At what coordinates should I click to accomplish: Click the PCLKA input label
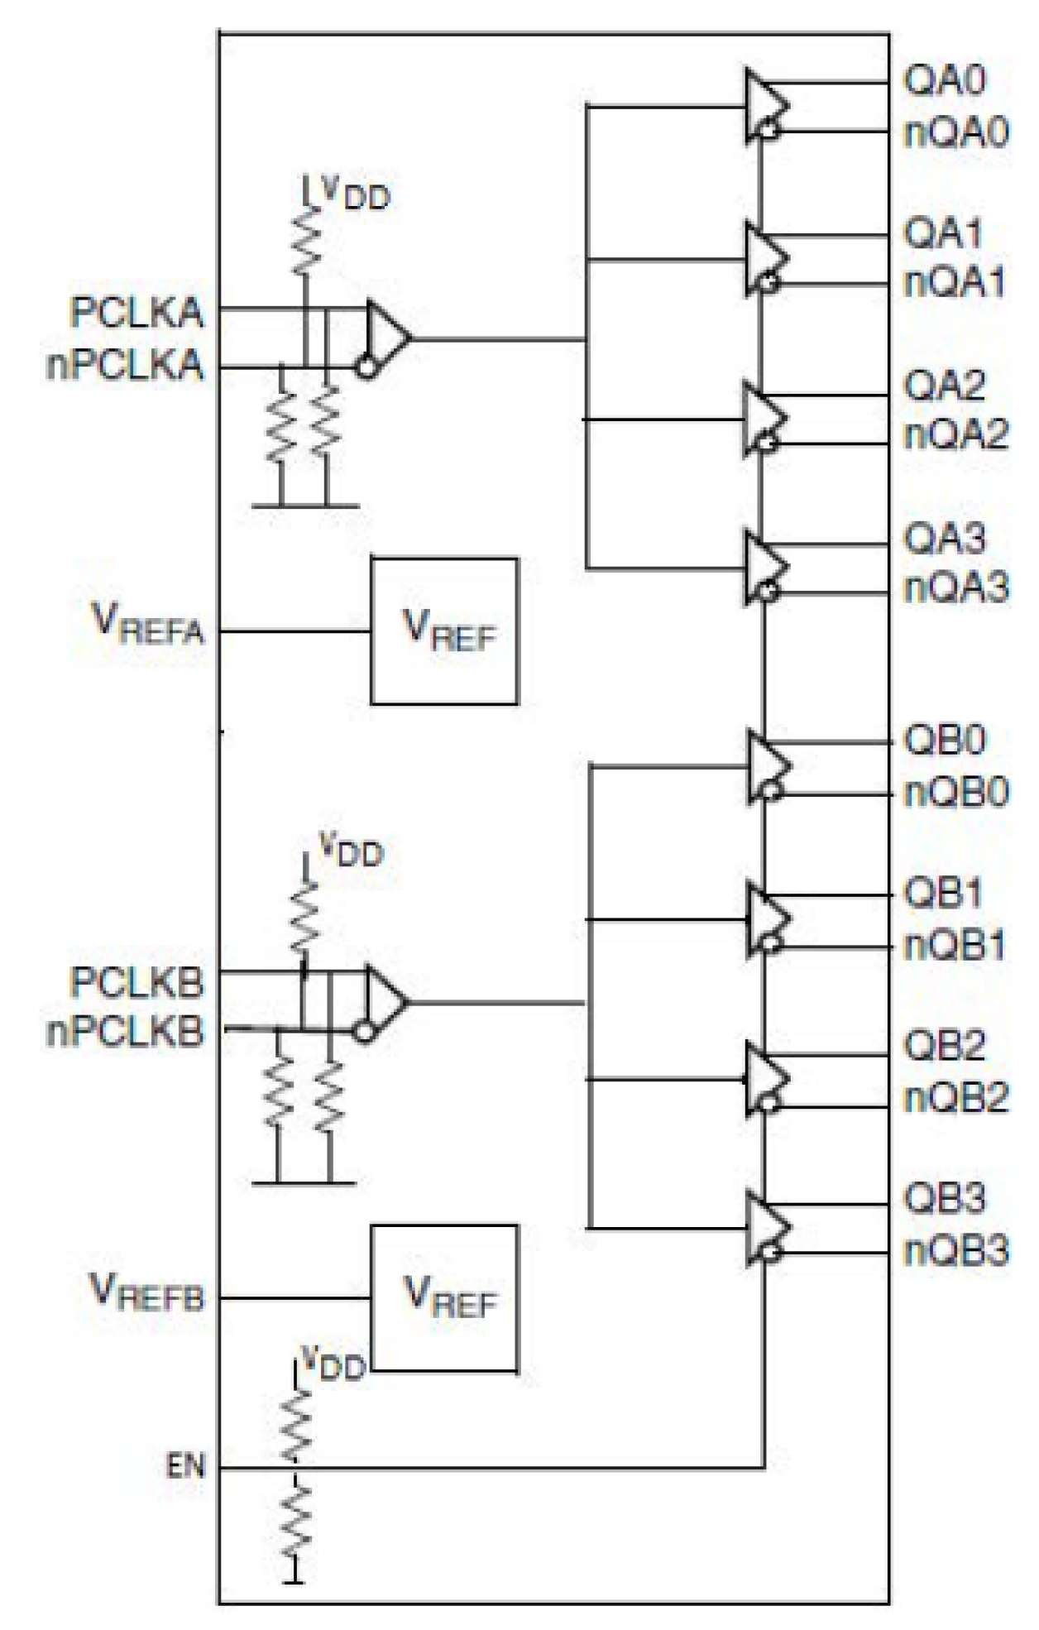coord(136,313)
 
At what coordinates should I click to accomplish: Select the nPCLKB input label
coord(125,1033)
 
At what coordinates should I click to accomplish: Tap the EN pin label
coord(185,1467)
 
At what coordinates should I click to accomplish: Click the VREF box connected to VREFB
coord(444,1297)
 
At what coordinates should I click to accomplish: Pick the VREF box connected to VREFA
coord(444,630)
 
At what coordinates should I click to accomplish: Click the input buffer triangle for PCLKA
coord(387,337)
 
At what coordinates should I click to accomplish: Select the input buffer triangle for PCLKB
coord(385,1002)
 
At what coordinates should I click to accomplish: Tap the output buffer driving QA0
coord(765,105)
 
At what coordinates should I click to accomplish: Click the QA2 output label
coord(944,386)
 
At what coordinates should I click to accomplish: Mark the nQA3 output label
coord(956,588)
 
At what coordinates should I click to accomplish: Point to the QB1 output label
coord(943,894)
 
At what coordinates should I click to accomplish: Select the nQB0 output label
coord(956,793)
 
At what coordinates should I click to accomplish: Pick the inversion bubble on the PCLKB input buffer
coord(365,1032)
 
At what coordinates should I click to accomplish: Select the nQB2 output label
coord(956,1098)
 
